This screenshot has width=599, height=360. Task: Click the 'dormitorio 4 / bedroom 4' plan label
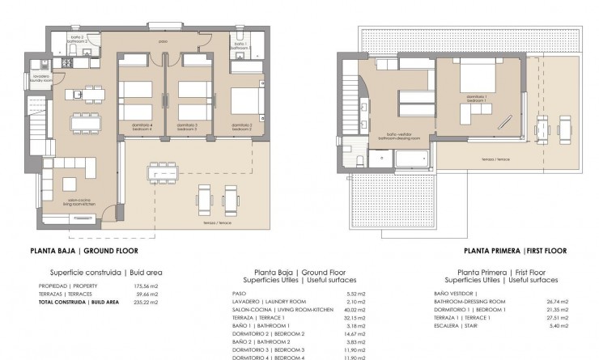click(x=142, y=126)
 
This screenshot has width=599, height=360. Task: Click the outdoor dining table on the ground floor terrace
click(x=164, y=172)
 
